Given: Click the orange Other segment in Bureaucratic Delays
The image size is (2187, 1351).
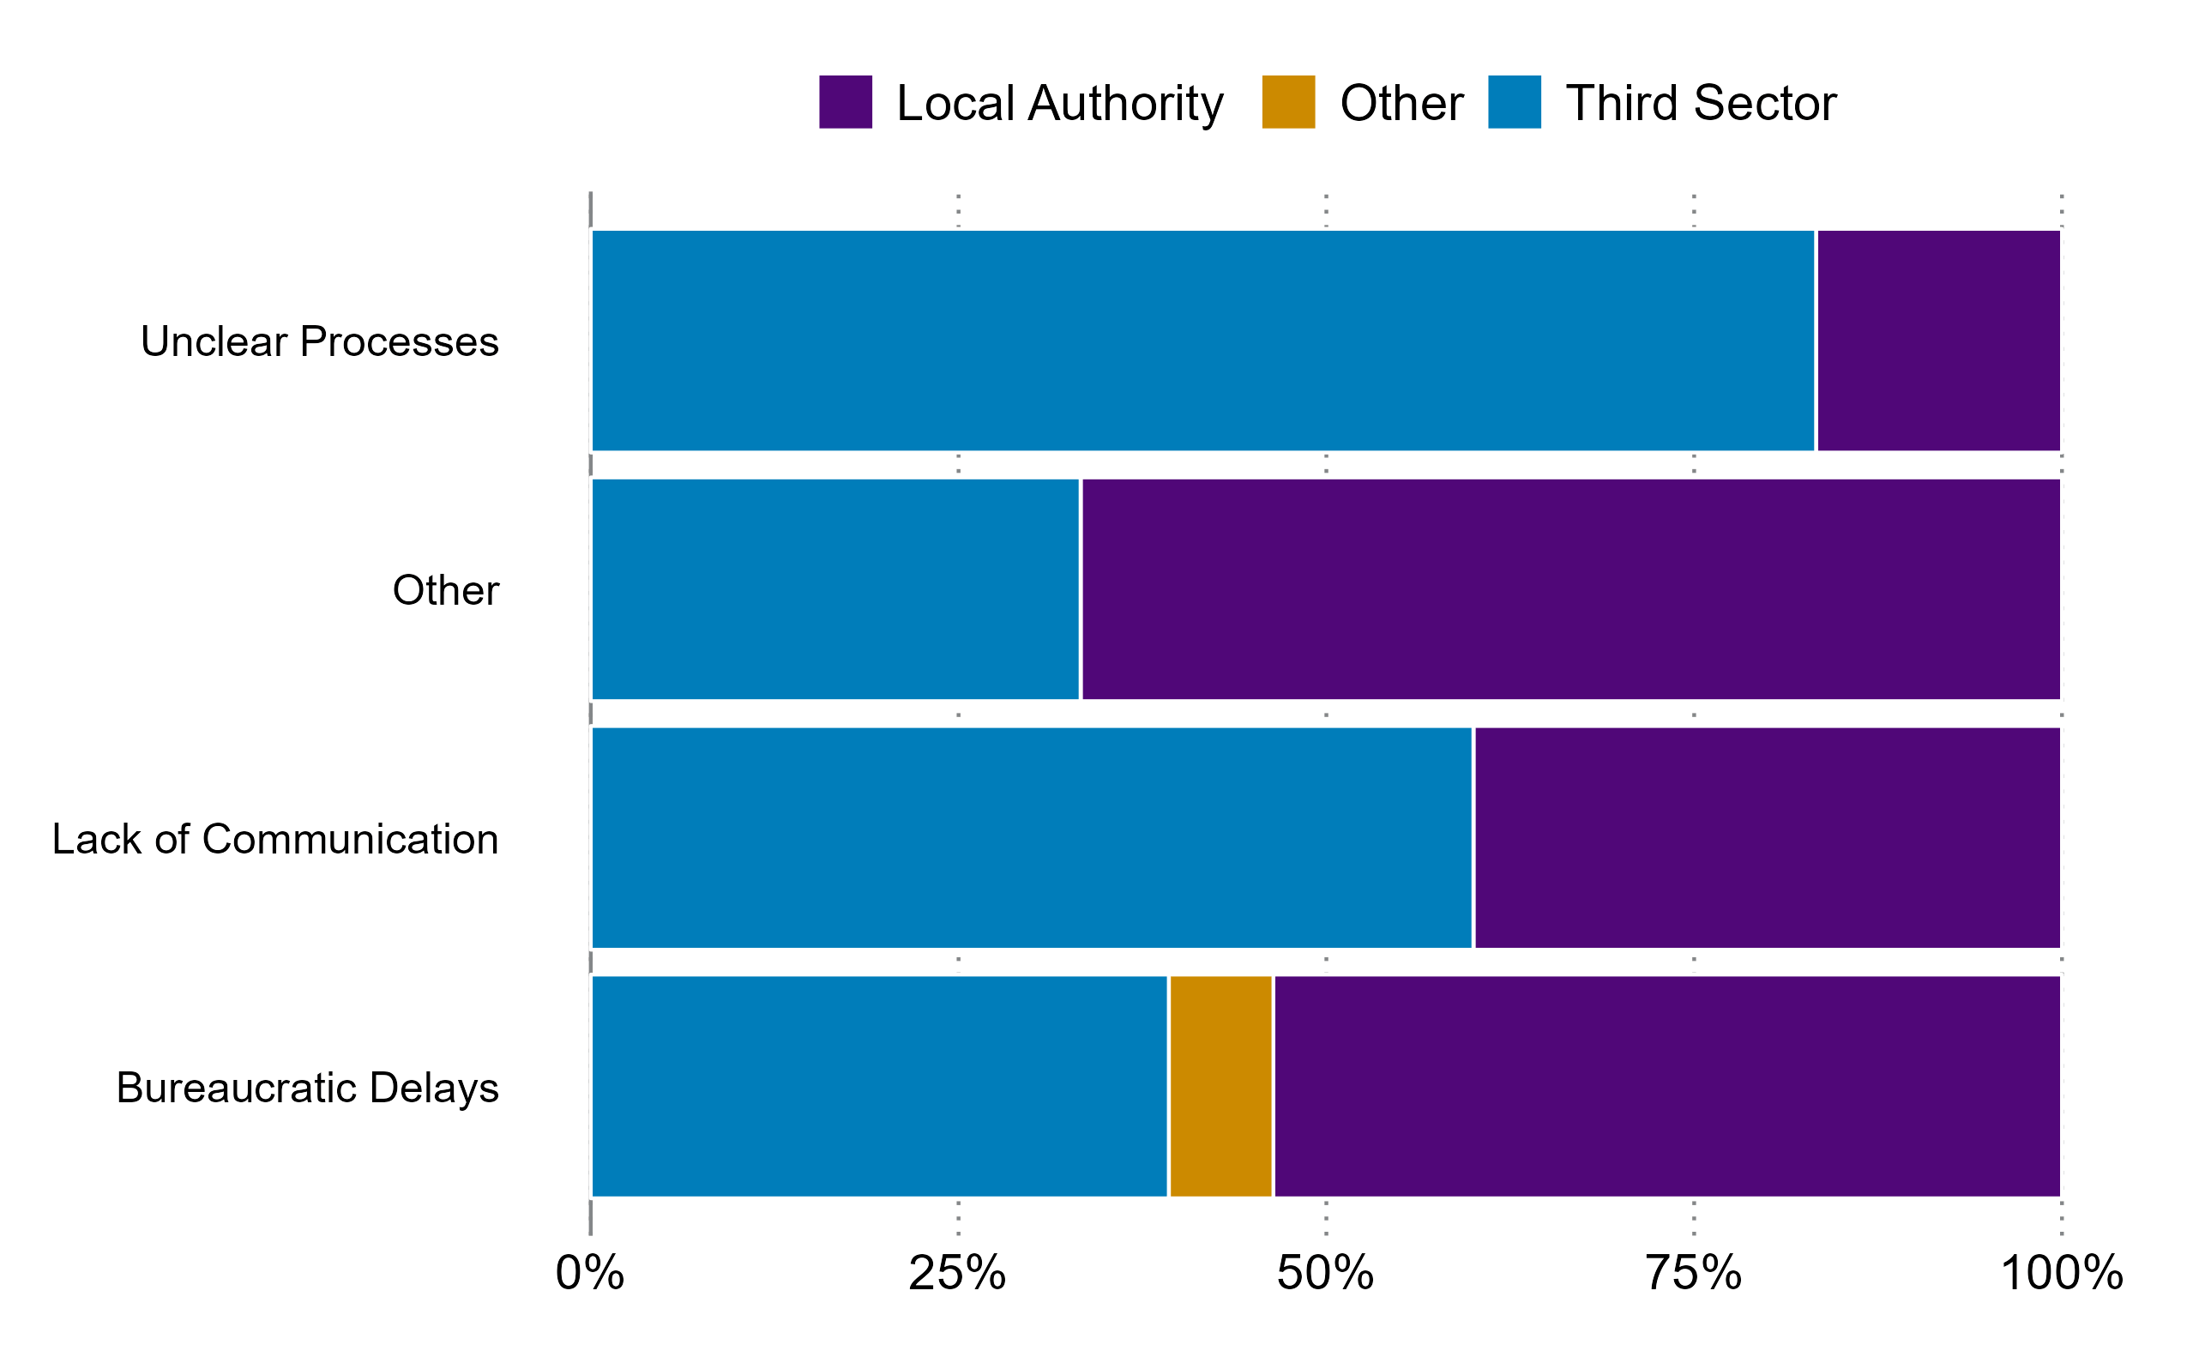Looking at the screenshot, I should pyautogui.click(x=1220, y=1086).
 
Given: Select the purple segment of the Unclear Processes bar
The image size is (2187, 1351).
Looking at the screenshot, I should pyautogui.click(x=1938, y=341).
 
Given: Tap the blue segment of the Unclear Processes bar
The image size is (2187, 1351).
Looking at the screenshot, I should pyautogui.click(x=1202, y=341).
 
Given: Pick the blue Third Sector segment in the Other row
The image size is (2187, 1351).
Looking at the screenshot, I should pyautogui.click(x=835, y=588).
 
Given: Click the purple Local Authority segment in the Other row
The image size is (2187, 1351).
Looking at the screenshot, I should pyautogui.click(x=1570, y=588).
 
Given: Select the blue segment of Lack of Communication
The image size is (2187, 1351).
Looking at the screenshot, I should pyautogui.click(x=1031, y=837).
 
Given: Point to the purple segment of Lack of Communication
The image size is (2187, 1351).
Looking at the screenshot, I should pyautogui.click(x=1767, y=837).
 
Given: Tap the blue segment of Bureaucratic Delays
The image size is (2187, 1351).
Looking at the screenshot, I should pyautogui.click(x=879, y=1086).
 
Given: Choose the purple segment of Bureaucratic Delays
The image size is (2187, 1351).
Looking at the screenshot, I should pyautogui.click(x=1667, y=1086).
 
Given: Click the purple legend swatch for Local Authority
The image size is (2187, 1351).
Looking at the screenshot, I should pyautogui.click(x=845, y=102).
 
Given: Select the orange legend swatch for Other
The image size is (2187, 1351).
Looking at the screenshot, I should pyautogui.click(x=1288, y=102).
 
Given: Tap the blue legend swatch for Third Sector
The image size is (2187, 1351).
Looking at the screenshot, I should pyautogui.click(x=1515, y=102).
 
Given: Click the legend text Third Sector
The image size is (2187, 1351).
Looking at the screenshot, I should pyautogui.click(x=1700, y=103).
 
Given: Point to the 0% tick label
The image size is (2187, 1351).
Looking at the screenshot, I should pyautogui.click(x=590, y=1273).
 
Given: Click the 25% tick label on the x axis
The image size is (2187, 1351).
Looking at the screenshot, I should pyautogui.click(x=957, y=1273).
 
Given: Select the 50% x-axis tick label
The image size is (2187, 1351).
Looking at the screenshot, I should pyautogui.click(x=1325, y=1273).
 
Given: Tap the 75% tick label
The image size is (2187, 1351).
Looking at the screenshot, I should pyautogui.click(x=1693, y=1273).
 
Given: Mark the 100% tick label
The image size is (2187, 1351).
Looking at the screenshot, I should pyautogui.click(x=2061, y=1273).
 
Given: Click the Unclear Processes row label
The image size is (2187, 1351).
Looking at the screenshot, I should pyautogui.click(x=319, y=341).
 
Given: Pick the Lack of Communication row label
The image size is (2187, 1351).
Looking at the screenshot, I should pyautogui.click(x=275, y=839).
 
